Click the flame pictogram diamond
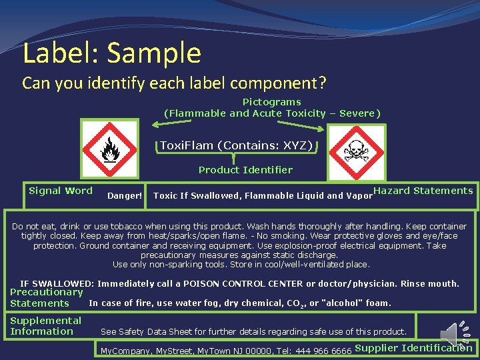tap(109, 151)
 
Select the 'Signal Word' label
tap(61, 191)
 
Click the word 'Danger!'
tap(125, 196)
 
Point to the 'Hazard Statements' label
tap(423, 191)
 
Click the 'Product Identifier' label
tap(245, 170)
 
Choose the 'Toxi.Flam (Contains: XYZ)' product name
tap(237, 145)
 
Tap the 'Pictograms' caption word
tap(271, 102)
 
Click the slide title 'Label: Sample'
tap(111, 53)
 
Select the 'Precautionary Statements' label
tap(46, 297)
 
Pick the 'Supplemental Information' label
tap(45, 326)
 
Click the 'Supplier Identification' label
tap(413, 347)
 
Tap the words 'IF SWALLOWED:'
tap(57, 284)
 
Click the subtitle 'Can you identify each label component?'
tap(174, 83)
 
